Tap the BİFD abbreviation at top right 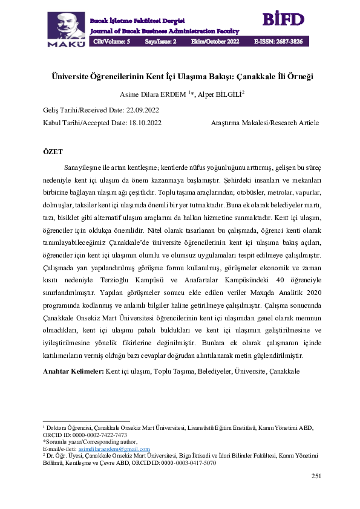[283, 19]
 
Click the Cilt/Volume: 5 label [112, 42]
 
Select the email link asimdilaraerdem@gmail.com [114, 449]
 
